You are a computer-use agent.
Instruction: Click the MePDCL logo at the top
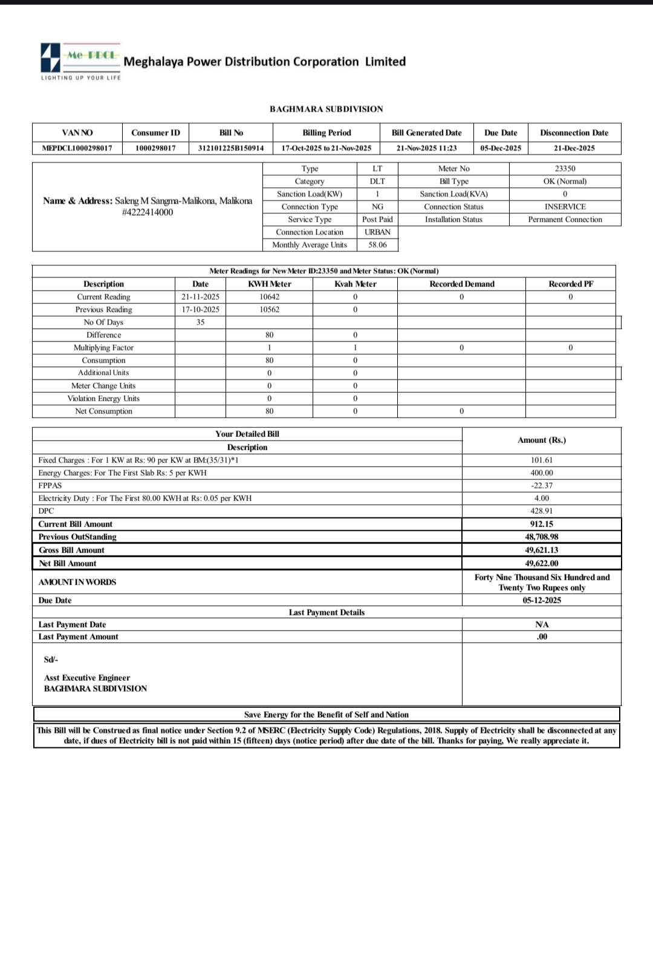click(x=80, y=61)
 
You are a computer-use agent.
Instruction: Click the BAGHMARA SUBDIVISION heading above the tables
click(x=326, y=109)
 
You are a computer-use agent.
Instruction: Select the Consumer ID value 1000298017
click(x=155, y=148)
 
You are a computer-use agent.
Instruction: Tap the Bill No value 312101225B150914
click(x=231, y=148)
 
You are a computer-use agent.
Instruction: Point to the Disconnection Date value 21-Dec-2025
click(x=574, y=148)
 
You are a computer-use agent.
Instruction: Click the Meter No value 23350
click(x=565, y=169)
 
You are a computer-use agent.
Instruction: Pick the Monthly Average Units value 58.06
click(x=377, y=245)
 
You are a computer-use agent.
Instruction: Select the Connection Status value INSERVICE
click(x=565, y=207)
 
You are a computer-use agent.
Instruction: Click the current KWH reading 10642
click(x=269, y=297)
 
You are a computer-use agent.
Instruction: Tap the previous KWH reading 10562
click(x=269, y=310)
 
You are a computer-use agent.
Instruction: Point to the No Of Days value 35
click(x=200, y=323)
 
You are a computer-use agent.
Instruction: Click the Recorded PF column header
click(x=571, y=284)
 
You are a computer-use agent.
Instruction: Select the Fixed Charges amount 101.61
click(x=541, y=460)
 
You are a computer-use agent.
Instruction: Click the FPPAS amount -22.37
click(x=541, y=486)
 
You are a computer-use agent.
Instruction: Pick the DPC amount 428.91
click(x=541, y=511)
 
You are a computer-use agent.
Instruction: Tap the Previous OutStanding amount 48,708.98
click(x=541, y=537)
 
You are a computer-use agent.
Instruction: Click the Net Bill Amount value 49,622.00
click(x=541, y=563)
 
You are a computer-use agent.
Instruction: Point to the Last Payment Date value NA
click(x=542, y=624)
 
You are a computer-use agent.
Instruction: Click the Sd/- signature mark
click(x=51, y=660)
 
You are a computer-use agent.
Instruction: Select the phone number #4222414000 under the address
click(x=148, y=212)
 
